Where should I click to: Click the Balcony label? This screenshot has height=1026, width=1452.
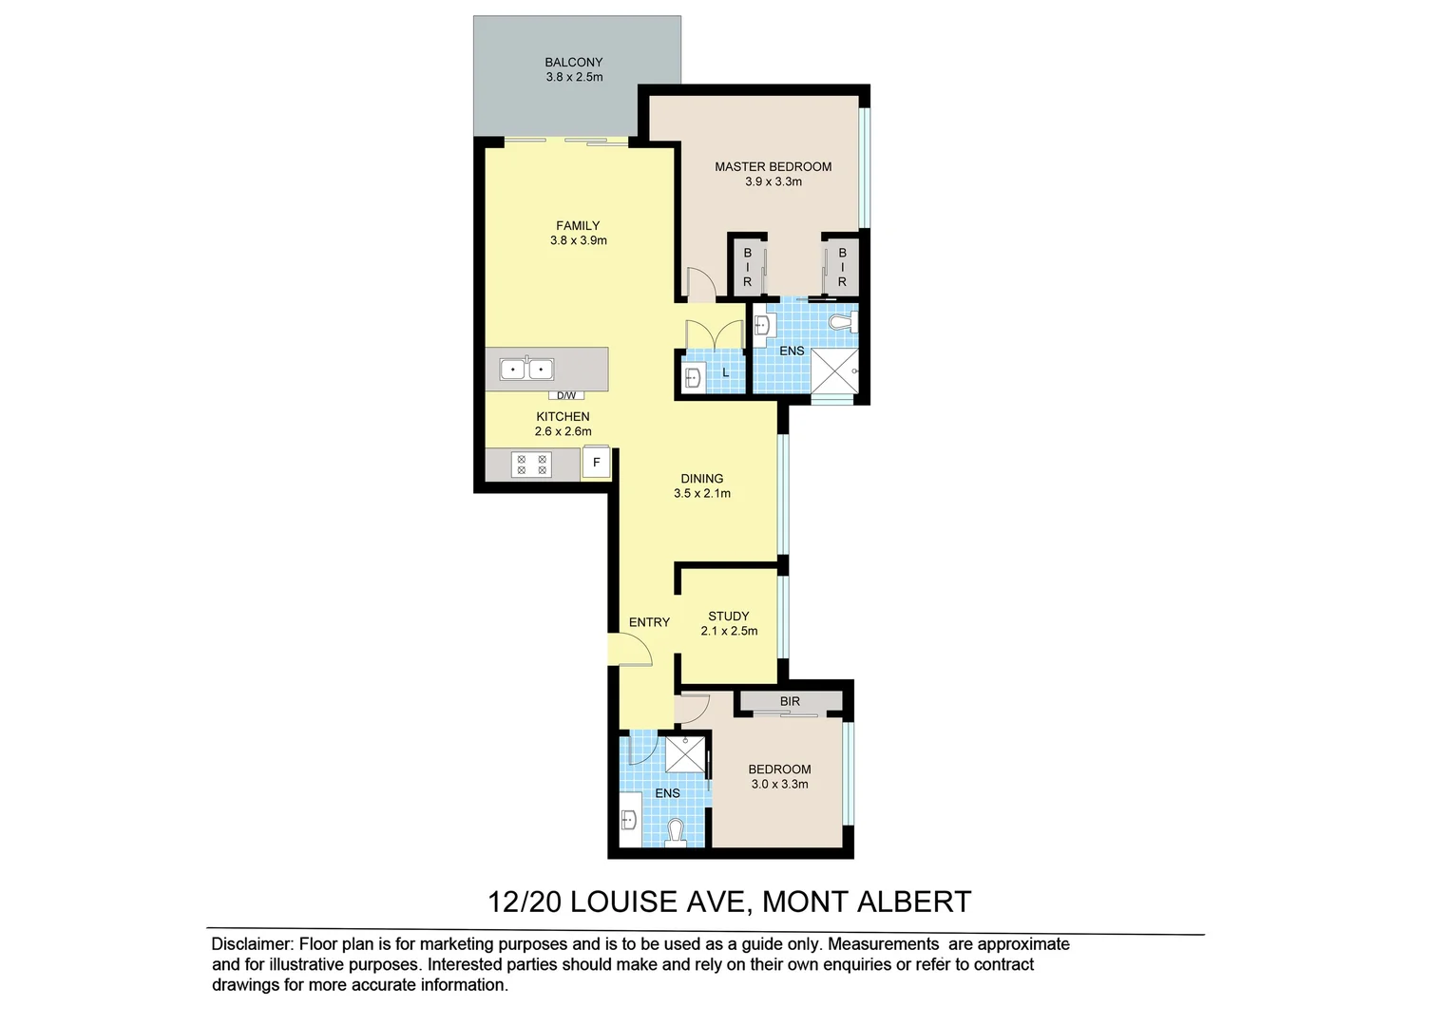574,63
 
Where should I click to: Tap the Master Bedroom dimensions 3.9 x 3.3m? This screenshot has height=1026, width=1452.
774,181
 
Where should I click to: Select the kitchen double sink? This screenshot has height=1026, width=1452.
526,368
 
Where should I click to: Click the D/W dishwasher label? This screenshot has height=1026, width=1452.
566,395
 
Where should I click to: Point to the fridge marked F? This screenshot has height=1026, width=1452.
597,463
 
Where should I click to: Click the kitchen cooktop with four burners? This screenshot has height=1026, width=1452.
531,465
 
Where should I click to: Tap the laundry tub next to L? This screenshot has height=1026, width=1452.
692,378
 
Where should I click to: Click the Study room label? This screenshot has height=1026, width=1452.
729,616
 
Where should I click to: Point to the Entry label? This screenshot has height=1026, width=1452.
649,622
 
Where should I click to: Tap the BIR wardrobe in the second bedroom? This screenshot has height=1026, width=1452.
791,701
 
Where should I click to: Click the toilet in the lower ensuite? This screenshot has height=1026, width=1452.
676,831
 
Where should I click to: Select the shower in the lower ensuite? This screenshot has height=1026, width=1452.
683,754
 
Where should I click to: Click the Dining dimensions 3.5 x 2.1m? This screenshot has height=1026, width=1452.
702,494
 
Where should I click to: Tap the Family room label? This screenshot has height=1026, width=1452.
578,225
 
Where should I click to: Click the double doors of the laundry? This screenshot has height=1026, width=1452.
714,334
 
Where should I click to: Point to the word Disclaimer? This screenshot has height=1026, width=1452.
251,944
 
